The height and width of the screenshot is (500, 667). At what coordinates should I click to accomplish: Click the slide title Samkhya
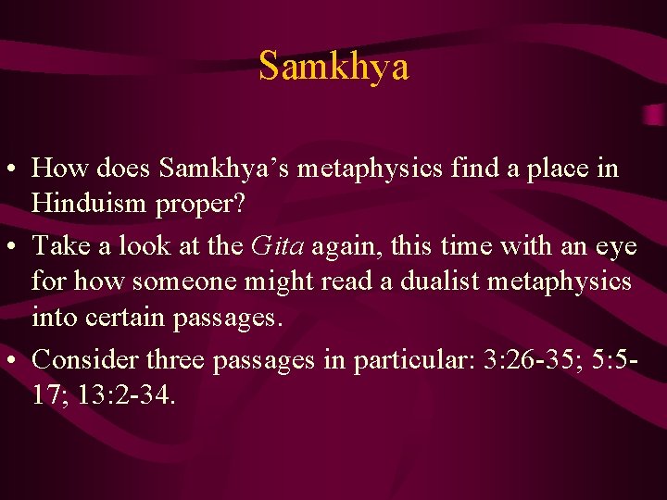333,66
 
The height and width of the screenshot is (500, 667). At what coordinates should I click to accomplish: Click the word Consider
81,359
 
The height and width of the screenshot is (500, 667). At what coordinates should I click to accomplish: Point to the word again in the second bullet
351,247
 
